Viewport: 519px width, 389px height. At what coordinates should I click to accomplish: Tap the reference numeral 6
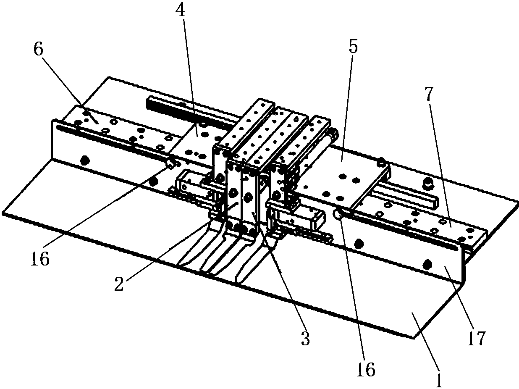click(x=39, y=50)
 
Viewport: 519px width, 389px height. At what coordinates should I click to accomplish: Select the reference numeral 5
click(x=353, y=46)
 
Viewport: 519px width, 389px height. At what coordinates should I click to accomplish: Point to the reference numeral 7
click(x=429, y=95)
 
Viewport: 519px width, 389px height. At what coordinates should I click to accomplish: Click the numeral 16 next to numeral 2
click(x=40, y=259)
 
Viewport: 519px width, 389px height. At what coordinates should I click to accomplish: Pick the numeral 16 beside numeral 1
click(x=366, y=370)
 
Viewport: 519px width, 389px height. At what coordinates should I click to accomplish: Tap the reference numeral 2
click(x=119, y=284)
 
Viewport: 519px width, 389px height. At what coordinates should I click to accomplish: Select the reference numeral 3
click(x=306, y=339)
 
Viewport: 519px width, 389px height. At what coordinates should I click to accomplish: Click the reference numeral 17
click(x=477, y=339)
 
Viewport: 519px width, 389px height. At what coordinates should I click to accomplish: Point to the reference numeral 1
click(x=439, y=380)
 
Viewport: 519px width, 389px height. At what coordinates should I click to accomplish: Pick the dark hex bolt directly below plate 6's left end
click(x=85, y=160)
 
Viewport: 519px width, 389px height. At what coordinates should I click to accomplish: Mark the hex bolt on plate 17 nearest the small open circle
click(x=359, y=242)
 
